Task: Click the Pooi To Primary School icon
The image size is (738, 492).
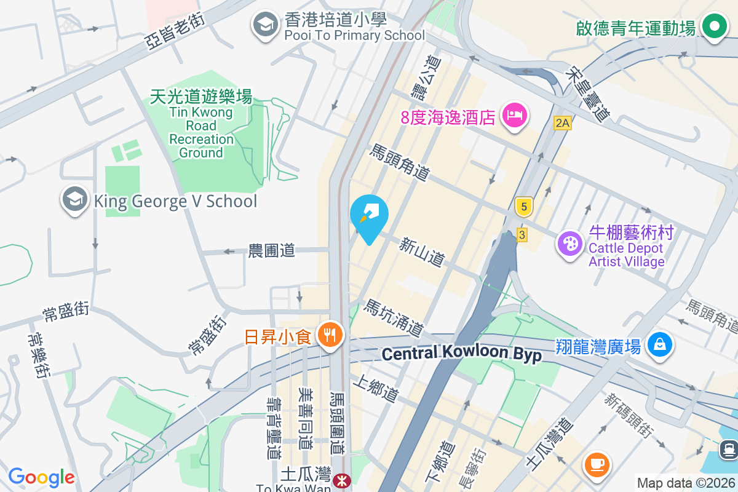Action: coord(266,26)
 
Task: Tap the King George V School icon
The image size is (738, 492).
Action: coord(76,200)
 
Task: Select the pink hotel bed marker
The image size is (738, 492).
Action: coord(515,116)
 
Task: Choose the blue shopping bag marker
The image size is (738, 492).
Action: coord(659,345)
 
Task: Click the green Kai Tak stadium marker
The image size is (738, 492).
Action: coord(713,28)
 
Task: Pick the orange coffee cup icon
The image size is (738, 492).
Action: coord(596,464)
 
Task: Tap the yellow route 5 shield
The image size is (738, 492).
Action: coord(523,207)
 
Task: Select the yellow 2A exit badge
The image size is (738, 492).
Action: coord(562,123)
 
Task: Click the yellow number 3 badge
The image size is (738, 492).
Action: coord(522,234)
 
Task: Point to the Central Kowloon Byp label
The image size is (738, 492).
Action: coord(461,354)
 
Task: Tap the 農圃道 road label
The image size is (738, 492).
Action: coord(271,250)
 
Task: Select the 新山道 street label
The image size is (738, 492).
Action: coord(422,252)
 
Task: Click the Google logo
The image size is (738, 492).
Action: coord(41,477)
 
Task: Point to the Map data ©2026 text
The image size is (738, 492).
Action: coord(685,483)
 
